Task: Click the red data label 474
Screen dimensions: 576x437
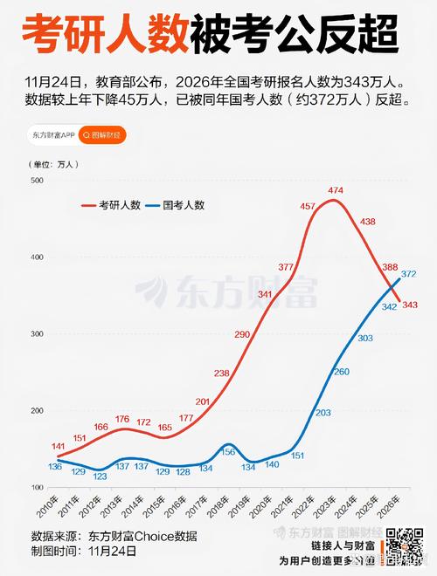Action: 335,190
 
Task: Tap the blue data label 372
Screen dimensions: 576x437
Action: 408,274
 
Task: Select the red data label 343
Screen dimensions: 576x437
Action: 410,304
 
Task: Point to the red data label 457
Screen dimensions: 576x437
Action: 309,206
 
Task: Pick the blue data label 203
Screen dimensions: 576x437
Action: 323,413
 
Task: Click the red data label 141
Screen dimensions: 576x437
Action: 59,446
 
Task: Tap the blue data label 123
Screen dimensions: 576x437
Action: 101,477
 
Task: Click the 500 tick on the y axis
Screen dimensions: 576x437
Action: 37,181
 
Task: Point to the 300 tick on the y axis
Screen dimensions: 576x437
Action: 37,334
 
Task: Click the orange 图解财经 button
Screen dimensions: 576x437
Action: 101,135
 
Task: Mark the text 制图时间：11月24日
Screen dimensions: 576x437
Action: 84,551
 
